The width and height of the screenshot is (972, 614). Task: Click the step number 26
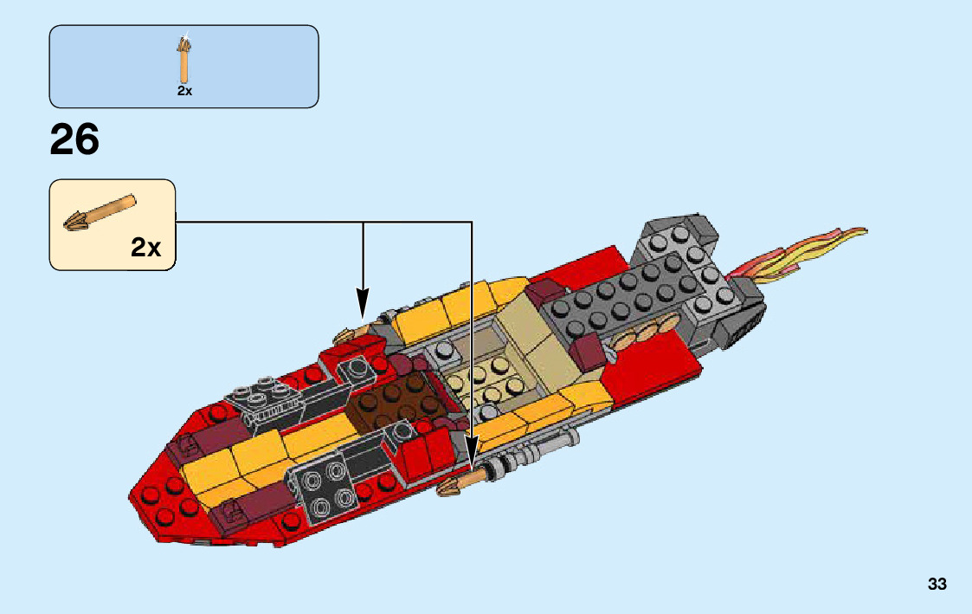point(74,139)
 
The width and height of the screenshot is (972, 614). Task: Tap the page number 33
point(937,585)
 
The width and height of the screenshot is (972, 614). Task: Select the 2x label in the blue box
point(184,91)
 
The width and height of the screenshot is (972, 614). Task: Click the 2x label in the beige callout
point(146,248)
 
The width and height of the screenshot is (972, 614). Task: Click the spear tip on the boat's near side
point(452,489)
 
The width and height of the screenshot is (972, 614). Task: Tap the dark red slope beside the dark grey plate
point(593,351)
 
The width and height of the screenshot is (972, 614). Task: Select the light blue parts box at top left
point(183,66)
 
